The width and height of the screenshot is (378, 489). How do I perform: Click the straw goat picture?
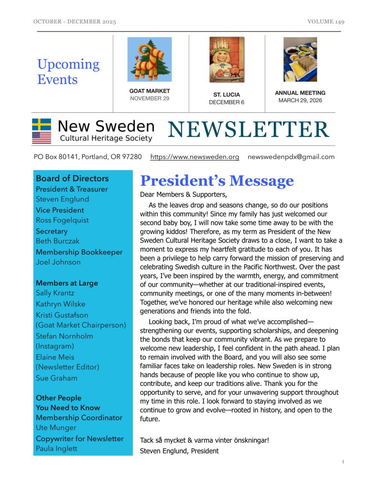pos(150,59)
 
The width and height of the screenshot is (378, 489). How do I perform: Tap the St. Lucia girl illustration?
pos(227,60)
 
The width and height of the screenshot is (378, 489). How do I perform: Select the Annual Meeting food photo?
pos(300,59)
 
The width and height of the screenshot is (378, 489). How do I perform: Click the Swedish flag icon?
pos(42,124)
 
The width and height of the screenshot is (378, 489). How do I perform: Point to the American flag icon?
pos(42,138)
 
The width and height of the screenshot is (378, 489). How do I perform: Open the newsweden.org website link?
pos(194,157)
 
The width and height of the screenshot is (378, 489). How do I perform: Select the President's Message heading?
pos(216,181)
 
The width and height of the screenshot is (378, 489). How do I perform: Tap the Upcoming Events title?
pos(68,72)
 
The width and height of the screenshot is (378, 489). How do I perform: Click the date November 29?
pos(150,99)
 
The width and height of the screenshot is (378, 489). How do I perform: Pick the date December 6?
pos(227,102)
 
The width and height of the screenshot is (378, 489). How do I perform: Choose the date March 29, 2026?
pos(300,101)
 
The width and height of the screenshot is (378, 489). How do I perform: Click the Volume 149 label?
pos(326,22)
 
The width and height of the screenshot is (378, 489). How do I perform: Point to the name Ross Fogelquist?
pos(62,220)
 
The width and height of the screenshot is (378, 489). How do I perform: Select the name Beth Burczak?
pos(58,241)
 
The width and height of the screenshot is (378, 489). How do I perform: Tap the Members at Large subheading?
pos(66,283)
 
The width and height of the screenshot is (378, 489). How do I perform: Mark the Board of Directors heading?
pos(72,179)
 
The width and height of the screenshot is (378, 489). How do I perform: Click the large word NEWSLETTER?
pos(248,130)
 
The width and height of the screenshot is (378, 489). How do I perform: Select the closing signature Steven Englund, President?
pos(179,451)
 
